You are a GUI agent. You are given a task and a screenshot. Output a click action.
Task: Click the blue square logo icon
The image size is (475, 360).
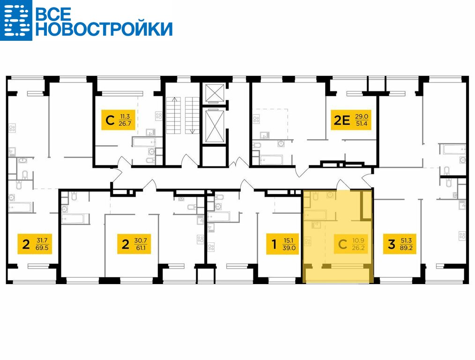tap(16, 20)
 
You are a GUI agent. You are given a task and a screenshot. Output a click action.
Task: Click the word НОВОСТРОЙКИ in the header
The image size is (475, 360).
tap(104, 29)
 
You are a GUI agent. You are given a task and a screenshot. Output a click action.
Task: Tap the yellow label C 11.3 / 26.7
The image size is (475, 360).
tap(118, 120)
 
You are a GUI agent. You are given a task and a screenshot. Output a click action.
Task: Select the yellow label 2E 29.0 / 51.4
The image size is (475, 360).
tap(351, 120)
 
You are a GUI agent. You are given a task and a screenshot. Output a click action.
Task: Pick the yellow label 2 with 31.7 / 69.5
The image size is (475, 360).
tap(35, 244)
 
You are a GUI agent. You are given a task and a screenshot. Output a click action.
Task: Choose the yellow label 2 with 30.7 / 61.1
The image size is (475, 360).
tap(134, 244)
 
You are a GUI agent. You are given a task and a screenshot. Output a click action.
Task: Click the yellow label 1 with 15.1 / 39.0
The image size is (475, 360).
tap(282, 244)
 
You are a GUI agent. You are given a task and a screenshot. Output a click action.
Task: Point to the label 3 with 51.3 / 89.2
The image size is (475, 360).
tap(400, 244)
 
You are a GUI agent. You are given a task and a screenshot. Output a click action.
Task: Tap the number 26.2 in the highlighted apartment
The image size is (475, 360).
tap(358, 248)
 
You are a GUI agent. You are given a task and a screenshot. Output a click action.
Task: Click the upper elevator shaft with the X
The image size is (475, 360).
tap(215, 93)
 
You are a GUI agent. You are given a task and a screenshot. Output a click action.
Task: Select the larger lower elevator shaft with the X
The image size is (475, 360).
tap(215, 126)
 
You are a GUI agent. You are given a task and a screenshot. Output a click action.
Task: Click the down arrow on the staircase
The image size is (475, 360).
tap(192, 115)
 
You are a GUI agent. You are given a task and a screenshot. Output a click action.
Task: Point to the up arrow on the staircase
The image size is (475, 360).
tap(174, 115)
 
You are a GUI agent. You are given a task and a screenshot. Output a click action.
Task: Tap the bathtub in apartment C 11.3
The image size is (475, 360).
tap(144, 142)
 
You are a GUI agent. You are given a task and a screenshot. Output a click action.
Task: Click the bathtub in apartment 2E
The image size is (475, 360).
tap(271, 160)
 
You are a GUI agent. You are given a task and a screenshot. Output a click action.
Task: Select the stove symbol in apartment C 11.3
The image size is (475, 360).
tap(159, 116)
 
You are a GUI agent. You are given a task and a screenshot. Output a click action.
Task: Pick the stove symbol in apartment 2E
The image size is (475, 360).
tap(256, 119)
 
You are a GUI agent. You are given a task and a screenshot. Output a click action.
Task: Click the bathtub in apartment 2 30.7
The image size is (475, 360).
tap(75, 219)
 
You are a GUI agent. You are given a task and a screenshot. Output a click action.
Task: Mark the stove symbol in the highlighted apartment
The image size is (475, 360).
tap(308, 242)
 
